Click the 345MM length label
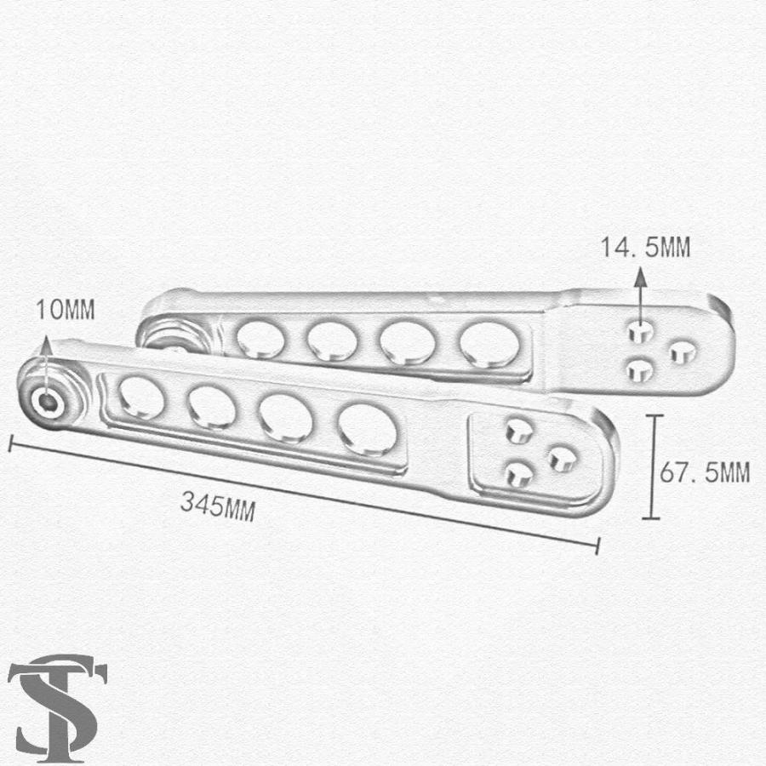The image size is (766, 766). click(x=218, y=506)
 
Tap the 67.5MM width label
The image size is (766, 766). click(x=705, y=472)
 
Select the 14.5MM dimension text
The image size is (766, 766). click(x=645, y=247)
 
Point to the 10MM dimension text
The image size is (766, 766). click(x=66, y=309)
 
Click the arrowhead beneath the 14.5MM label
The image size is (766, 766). click(x=640, y=277)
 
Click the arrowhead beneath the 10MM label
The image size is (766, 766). click(x=46, y=345)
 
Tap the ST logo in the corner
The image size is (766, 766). click(x=57, y=707)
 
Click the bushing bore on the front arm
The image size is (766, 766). click(x=48, y=402)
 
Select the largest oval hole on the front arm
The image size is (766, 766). click(x=368, y=430)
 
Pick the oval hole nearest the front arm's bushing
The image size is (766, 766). click(x=141, y=398)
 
